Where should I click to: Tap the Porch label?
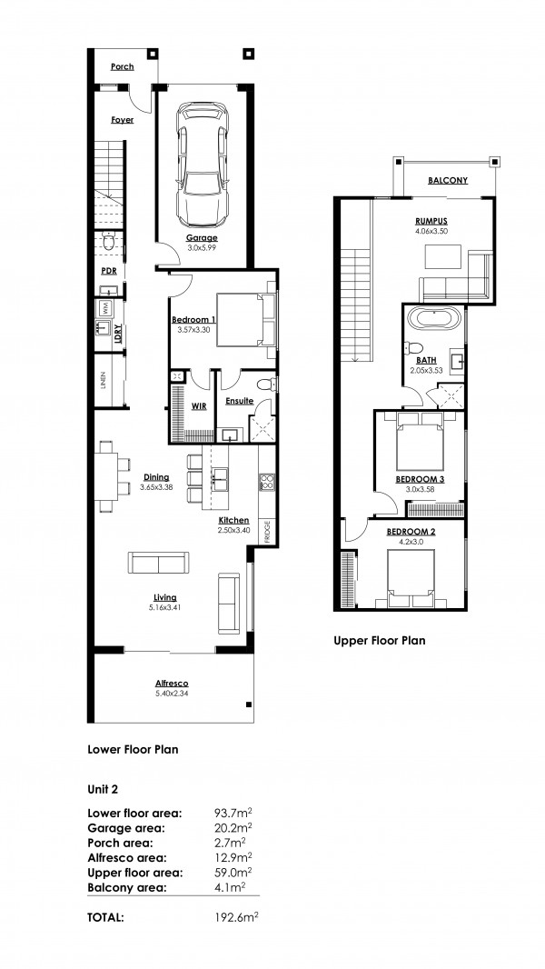click(x=123, y=66)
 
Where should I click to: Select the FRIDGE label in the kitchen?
click(x=268, y=534)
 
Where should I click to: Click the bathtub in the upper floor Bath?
click(x=434, y=319)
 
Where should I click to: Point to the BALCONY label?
click(x=448, y=181)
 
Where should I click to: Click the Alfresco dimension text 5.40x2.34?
click(x=172, y=694)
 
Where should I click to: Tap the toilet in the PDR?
click(x=109, y=242)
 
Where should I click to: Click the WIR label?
click(x=199, y=406)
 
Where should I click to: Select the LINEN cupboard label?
click(x=103, y=381)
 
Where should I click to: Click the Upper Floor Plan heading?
click(x=379, y=641)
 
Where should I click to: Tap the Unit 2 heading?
click(x=103, y=789)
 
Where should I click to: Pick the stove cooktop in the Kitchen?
click(x=267, y=482)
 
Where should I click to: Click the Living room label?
click(x=165, y=597)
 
